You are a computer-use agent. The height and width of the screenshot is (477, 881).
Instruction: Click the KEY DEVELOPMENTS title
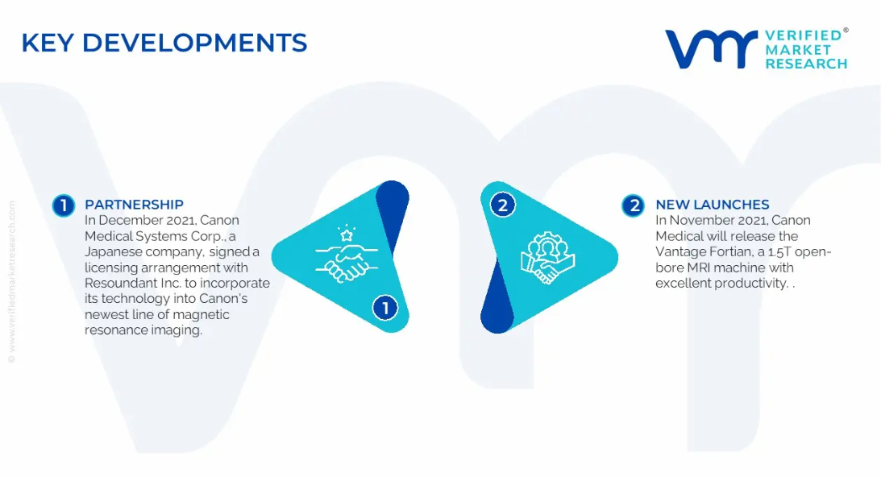[164, 44]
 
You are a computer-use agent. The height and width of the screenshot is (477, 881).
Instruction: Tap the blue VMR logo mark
[711, 49]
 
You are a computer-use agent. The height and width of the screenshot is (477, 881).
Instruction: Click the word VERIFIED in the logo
[803, 35]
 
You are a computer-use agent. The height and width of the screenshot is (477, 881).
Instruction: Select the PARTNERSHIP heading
[134, 205]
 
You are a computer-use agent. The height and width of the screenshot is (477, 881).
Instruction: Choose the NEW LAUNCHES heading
[713, 205]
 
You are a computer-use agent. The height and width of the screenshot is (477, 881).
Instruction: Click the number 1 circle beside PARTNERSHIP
[64, 205]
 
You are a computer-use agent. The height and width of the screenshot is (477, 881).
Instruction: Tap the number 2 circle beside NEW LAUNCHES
[634, 205]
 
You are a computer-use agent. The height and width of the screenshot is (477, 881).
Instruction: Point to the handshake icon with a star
[347, 255]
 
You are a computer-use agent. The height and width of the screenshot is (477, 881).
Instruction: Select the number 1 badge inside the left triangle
[385, 308]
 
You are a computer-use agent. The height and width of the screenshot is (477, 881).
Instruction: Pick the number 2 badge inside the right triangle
[503, 205]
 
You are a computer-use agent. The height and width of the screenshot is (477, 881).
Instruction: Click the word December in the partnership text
[127, 220]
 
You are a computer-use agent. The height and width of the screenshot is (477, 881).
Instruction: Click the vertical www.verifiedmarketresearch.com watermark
[12, 281]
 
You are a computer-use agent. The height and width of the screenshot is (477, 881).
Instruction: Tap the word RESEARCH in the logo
[806, 64]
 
